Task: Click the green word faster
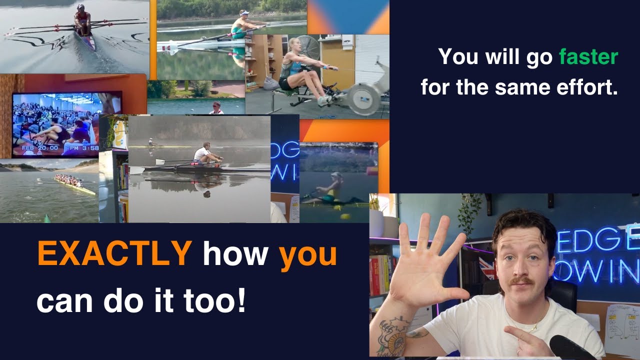(x=589, y=58)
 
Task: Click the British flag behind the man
(x=486, y=268)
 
